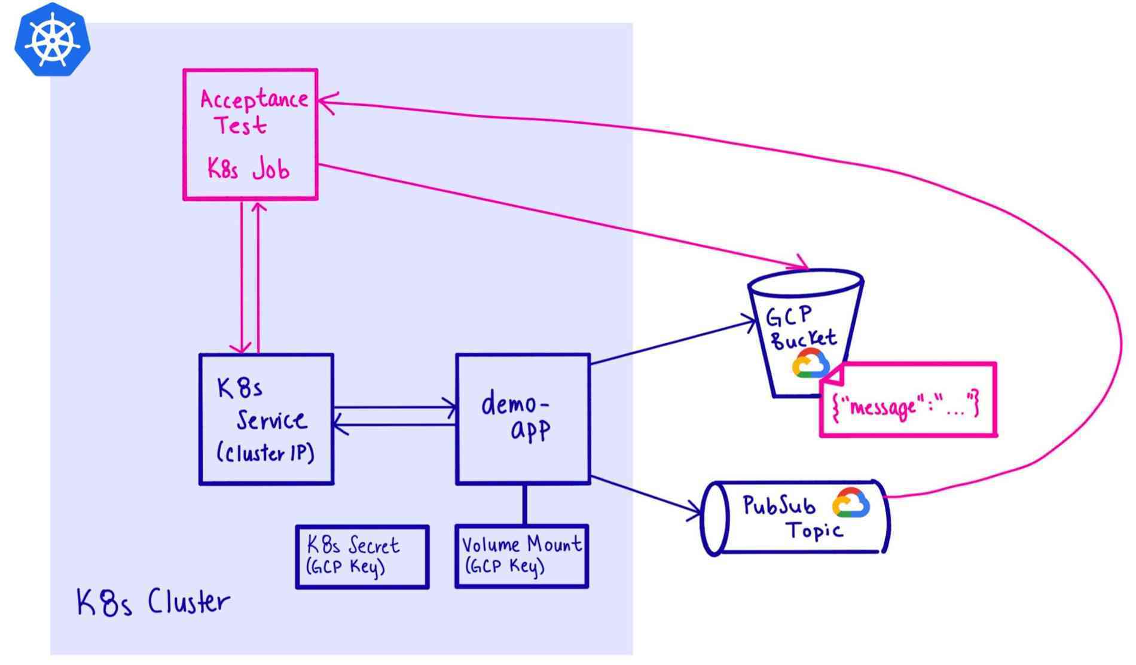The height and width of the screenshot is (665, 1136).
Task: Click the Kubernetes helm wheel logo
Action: [x=53, y=40]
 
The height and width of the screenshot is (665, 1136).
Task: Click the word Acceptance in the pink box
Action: [x=254, y=99]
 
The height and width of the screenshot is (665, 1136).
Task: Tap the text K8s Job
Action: [x=248, y=169]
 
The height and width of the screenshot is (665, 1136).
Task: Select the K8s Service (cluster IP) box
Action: [x=266, y=419]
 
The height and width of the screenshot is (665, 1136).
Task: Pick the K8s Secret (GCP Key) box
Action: [x=362, y=557]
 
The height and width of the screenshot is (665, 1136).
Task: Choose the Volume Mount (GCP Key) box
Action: [x=521, y=556]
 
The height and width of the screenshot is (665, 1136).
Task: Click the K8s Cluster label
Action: [x=153, y=602]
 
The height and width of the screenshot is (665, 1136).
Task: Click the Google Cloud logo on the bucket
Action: [x=810, y=364]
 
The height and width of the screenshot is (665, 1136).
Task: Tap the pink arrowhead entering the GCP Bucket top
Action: [x=802, y=265]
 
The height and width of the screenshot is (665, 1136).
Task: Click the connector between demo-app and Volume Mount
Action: [x=524, y=504]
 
